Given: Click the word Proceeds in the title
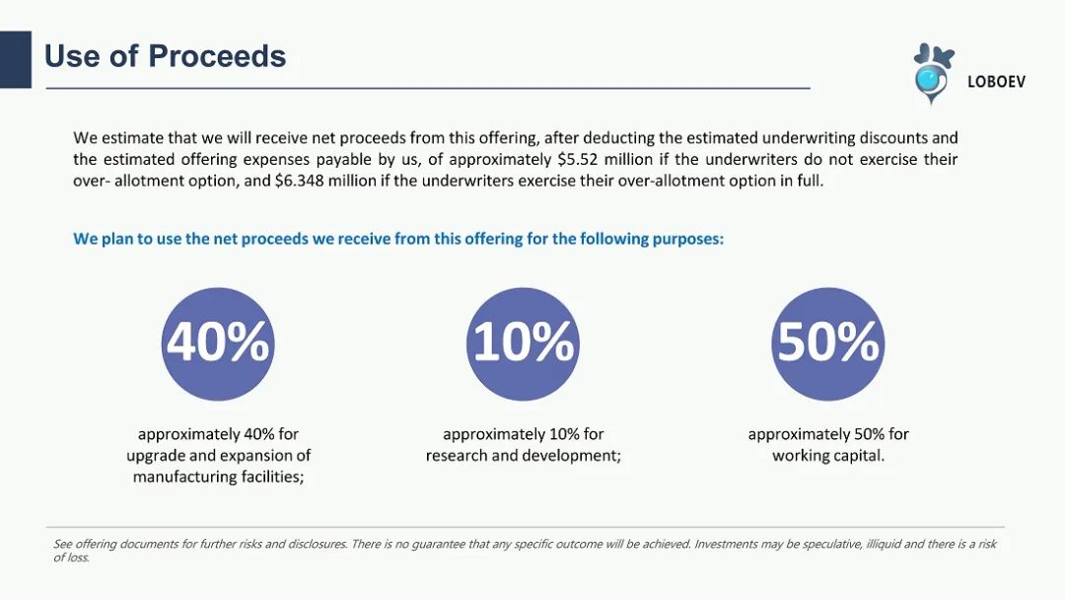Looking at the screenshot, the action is [x=217, y=56].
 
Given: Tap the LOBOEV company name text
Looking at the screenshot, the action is [x=996, y=82].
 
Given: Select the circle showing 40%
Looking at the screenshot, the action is [x=218, y=343].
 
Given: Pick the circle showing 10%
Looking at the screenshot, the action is [x=523, y=343].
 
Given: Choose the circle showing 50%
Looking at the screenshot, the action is [x=828, y=343].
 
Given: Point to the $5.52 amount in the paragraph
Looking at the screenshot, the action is [x=578, y=160].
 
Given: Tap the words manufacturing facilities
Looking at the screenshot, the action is [x=218, y=477].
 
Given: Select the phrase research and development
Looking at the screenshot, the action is [x=523, y=455].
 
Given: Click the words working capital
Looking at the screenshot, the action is [x=828, y=455].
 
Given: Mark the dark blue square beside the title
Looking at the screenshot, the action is [x=16, y=60].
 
